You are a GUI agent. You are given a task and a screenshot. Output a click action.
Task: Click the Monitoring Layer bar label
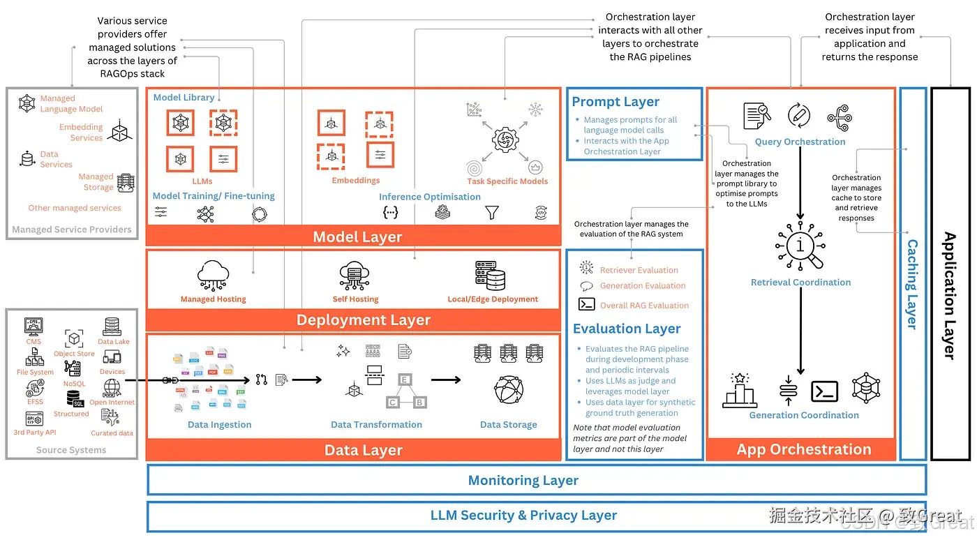click(x=523, y=480)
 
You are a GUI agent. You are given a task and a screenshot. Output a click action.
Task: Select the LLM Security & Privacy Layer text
click(x=523, y=516)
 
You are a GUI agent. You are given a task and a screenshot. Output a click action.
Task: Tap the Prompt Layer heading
click(x=616, y=102)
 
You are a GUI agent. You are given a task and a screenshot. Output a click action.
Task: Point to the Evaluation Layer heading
click(x=627, y=329)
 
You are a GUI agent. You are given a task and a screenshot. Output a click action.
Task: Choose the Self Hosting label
click(x=355, y=299)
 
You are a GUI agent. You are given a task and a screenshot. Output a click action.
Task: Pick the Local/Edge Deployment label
click(x=493, y=299)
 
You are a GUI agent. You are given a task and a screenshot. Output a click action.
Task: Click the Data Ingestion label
click(x=219, y=424)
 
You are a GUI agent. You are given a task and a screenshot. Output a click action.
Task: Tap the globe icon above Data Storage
click(x=509, y=390)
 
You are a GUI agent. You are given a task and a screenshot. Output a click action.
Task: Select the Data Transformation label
click(x=376, y=424)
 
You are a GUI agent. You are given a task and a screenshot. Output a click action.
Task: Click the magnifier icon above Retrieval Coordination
click(x=800, y=248)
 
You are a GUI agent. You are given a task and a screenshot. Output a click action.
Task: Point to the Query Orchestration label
click(x=800, y=142)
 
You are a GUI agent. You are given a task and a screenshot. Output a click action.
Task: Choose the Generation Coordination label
click(x=804, y=415)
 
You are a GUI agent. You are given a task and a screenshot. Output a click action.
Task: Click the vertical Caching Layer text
click(x=912, y=284)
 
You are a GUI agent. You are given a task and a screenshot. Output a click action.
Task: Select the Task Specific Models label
click(x=507, y=181)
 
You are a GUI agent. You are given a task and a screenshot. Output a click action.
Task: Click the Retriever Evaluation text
click(x=639, y=270)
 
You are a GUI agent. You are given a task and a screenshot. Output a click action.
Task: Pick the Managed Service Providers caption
click(x=72, y=230)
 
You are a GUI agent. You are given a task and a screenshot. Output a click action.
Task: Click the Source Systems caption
click(x=71, y=450)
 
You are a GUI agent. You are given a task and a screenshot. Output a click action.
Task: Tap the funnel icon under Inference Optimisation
click(x=492, y=212)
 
